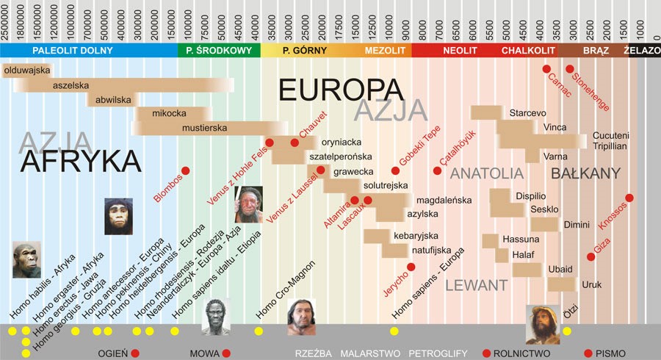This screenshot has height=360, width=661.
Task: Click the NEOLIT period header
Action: pyautogui.click(x=460, y=51)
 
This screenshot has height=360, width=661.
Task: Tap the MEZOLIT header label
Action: pyautogui.click(x=384, y=51)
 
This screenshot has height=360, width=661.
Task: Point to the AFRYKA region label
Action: pyautogui.click(x=81, y=159)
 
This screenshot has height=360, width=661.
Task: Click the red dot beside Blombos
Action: pyautogui.click(x=186, y=170)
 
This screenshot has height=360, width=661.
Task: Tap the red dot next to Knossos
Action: pyautogui.click(x=629, y=198)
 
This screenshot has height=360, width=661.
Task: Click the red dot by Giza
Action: pyautogui.click(x=591, y=256)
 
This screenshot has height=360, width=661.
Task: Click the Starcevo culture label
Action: pyautogui.click(x=527, y=113)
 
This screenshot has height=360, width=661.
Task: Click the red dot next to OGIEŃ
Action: pyautogui.click(x=135, y=353)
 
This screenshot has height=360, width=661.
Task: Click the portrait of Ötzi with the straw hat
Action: pyautogui.click(x=543, y=324)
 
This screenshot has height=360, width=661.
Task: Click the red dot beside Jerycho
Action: pyautogui.click(x=411, y=267)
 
